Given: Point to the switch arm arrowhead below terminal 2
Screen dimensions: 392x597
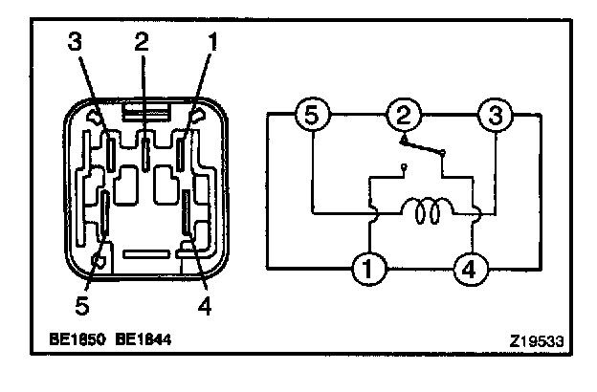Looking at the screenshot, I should tap(406, 141).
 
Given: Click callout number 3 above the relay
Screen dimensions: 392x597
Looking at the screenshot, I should tap(75, 43).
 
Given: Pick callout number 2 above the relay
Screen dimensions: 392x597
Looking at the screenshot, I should tap(141, 43).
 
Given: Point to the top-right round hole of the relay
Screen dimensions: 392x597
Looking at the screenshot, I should tap(198, 116).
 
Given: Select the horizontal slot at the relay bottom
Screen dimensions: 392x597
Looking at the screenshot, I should tap(145, 254).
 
